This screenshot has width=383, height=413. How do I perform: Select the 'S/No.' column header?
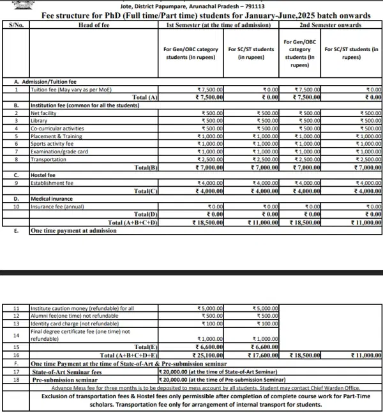[x=15, y=25]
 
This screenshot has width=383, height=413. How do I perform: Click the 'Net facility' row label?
[x=45, y=113]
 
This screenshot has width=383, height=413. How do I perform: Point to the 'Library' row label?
[x=40, y=120]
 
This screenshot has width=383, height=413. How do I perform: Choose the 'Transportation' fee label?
[x=50, y=159]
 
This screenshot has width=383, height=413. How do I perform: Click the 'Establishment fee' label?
[x=52, y=183]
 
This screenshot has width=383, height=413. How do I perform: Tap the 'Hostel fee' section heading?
[x=43, y=175]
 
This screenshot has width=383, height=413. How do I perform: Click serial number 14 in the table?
[x=16, y=334]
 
